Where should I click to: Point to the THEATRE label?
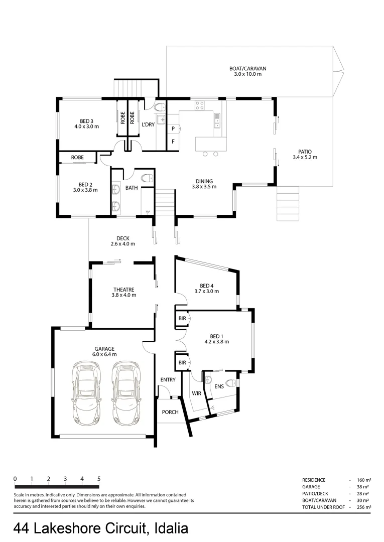tap(123, 289)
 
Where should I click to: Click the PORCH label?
tap(170, 412)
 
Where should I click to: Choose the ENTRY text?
tap(168, 380)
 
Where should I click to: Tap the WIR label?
tap(196, 393)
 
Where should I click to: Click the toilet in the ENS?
tap(231, 384)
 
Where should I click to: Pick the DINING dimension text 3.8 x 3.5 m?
tap(204, 187)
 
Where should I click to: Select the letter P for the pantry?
tap(173, 129)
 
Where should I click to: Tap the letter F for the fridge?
tap(173, 142)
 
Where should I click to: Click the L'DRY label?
tap(148, 124)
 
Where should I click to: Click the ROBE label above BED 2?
tap(77, 157)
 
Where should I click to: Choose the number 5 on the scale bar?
tap(98, 478)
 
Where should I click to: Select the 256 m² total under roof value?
tap(364, 507)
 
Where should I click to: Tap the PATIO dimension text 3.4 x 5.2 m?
tap(305, 158)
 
